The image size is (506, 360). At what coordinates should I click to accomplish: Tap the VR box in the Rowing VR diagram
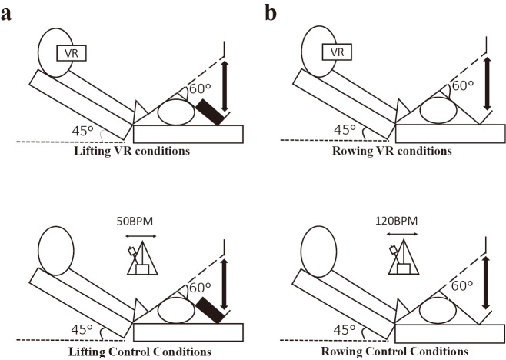(x=336, y=52)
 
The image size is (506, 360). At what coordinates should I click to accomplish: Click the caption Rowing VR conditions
(x=397, y=151)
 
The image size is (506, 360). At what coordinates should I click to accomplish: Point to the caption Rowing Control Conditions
(x=397, y=352)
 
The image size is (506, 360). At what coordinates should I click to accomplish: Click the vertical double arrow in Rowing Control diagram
(x=486, y=284)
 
